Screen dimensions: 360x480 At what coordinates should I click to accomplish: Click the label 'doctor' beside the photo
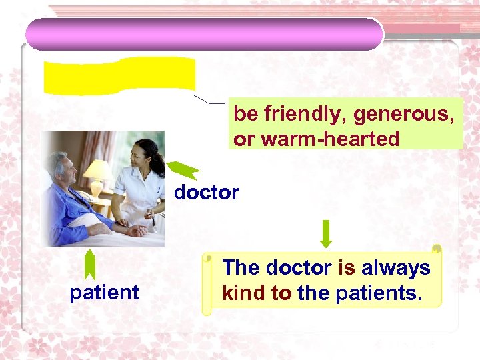(207, 193)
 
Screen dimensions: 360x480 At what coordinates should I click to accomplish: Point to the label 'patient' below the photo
(105, 292)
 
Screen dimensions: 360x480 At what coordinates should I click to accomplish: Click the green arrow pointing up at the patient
(90, 265)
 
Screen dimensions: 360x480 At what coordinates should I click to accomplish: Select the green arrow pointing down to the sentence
(326, 233)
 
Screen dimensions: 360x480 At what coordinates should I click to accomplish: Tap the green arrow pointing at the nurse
(183, 170)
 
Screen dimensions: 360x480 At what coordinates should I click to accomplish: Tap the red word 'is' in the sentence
(347, 268)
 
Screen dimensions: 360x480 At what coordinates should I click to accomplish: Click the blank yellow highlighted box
(120, 75)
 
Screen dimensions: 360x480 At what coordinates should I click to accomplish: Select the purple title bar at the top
(204, 33)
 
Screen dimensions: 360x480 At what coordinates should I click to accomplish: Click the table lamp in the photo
(97, 173)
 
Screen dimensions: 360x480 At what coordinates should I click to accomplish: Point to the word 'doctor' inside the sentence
(298, 268)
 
